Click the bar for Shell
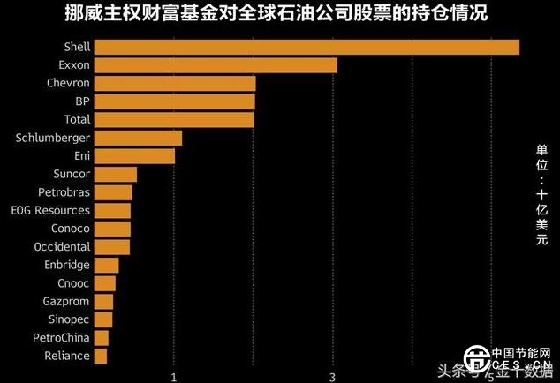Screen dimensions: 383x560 306,47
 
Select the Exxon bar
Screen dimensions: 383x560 216,64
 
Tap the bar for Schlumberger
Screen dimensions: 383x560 138,138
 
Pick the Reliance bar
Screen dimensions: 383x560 100,356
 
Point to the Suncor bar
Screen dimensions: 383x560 115,174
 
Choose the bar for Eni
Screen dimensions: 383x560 134,155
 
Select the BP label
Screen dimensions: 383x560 82,101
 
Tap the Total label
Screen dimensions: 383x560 77,119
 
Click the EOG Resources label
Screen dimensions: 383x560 50,210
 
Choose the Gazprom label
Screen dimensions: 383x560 66,301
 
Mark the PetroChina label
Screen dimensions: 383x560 61,338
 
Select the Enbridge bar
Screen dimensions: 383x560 106,265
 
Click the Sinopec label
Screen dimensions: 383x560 67,319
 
